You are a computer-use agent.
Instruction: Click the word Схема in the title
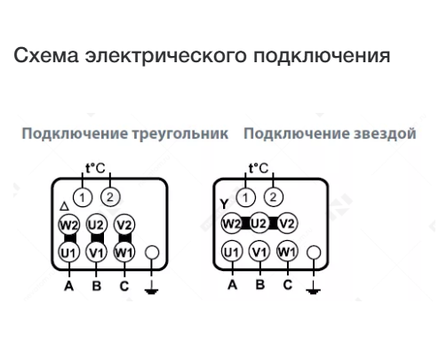click(x=46, y=55)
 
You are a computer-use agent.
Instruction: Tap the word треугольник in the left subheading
click(x=180, y=133)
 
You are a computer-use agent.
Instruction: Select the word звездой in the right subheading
click(x=385, y=133)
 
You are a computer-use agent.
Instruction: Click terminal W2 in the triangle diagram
click(x=68, y=225)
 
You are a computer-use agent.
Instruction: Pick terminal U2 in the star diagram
click(x=259, y=223)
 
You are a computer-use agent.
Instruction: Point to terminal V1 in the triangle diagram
click(x=96, y=252)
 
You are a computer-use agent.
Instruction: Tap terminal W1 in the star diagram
click(x=287, y=252)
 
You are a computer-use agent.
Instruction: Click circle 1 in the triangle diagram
click(x=83, y=197)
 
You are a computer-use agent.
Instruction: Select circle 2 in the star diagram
click(x=273, y=196)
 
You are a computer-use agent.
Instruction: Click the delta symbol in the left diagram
click(x=64, y=206)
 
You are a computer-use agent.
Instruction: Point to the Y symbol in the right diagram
click(x=224, y=204)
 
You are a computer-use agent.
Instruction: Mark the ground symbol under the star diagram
click(x=314, y=288)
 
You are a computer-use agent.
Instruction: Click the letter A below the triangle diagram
click(x=68, y=286)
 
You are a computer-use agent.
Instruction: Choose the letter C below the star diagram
click(x=287, y=285)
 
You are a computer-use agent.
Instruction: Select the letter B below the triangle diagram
click(x=97, y=286)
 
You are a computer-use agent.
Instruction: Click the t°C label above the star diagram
click(x=259, y=168)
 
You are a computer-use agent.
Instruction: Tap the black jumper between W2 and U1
click(x=70, y=238)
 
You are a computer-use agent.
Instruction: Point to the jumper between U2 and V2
click(x=274, y=223)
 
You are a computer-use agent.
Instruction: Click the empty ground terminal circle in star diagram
click(x=314, y=252)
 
